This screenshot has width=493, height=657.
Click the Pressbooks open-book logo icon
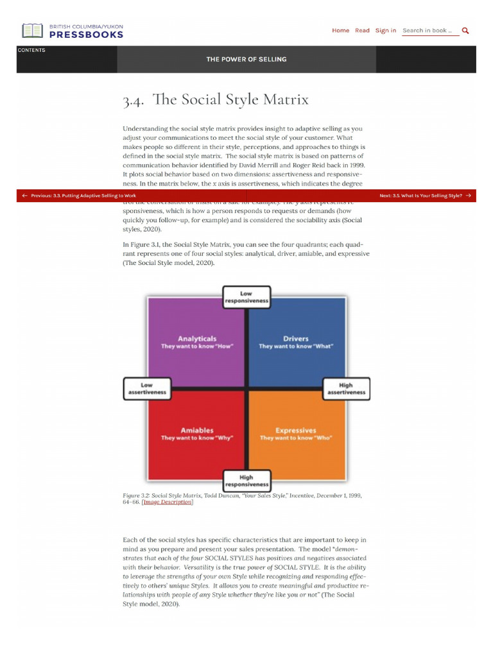[33, 31]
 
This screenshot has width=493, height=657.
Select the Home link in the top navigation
[341, 30]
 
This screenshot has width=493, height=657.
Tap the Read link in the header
[362, 30]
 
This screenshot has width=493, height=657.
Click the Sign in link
[385, 30]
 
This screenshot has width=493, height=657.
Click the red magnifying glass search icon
[465, 30]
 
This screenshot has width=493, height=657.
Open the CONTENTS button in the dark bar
[31, 51]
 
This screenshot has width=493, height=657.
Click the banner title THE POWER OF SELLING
[246, 59]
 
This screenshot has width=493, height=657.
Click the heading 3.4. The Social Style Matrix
[216, 100]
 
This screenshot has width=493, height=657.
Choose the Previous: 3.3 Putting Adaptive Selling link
[79, 195]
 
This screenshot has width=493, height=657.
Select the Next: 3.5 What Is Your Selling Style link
[425, 195]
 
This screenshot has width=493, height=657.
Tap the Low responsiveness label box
[246, 297]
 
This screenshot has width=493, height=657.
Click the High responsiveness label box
[246, 481]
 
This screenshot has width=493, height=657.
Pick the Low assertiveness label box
[147, 388]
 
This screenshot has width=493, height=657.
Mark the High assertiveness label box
[346, 388]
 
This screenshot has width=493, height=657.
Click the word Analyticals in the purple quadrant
[197, 338]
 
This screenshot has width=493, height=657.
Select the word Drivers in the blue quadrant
[296, 338]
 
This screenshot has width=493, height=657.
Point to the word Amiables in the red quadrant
[197, 430]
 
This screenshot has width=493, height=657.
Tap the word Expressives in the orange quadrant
[296, 430]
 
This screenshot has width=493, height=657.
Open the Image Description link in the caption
[168, 502]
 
